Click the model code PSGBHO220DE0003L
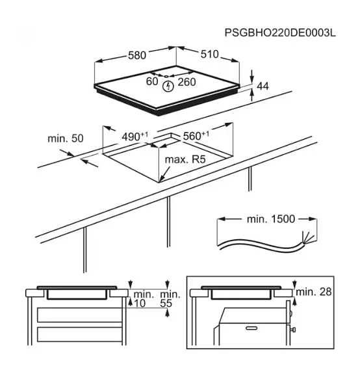(280, 33)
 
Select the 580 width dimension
(137, 55)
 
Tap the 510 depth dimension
(209, 54)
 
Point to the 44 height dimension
(263, 86)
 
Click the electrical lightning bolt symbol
(168, 86)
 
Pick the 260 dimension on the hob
(186, 82)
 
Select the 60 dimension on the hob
(152, 81)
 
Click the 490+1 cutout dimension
(135, 137)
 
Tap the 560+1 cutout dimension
(196, 136)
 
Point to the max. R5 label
(185, 159)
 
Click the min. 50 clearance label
(66, 138)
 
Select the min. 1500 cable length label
(271, 219)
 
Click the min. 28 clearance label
(314, 292)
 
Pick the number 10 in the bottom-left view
(140, 303)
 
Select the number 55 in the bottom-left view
(166, 303)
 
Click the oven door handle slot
(251, 328)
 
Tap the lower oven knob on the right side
(292, 330)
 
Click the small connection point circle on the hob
(166, 76)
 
